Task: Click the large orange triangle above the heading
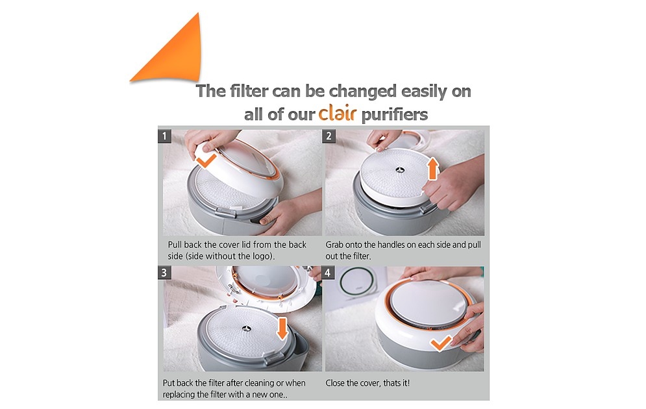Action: (x=177, y=58)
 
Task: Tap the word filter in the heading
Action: (x=249, y=91)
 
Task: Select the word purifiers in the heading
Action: (x=394, y=114)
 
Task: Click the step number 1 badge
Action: (x=164, y=136)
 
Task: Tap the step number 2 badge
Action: (x=329, y=136)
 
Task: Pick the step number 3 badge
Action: (x=164, y=272)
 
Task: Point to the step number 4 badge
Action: (x=328, y=272)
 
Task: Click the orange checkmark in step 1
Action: (x=206, y=160)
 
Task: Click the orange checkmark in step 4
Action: (x=440, y=343)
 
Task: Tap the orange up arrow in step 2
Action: (x=432, y=169)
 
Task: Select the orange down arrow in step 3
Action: (x=282, y=328)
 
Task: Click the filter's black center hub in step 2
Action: (x=399, y=169)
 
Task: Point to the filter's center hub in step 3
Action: (x=246, y=328)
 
